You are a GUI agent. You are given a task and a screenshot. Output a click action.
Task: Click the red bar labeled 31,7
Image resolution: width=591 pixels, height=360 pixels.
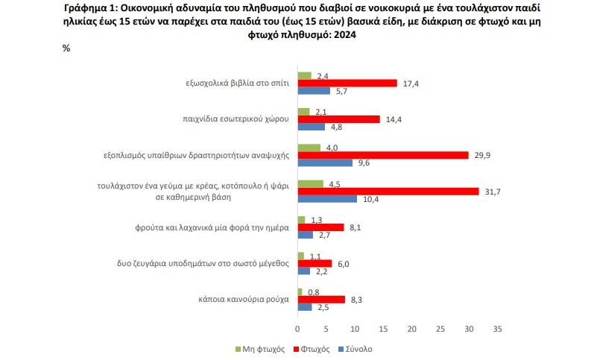[388, 192]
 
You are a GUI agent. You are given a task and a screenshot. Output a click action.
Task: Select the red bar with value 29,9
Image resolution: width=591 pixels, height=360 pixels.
[382, 155]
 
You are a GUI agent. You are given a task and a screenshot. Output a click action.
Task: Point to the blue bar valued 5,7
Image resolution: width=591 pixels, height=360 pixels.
[314, 91]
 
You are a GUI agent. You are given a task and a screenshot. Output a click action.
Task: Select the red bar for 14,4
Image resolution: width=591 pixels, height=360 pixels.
[338, 119]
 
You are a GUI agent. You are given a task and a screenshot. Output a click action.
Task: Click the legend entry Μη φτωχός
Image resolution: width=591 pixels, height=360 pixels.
[258, 349]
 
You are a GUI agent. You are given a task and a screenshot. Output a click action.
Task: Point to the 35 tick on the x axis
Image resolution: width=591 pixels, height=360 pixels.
[498, 328]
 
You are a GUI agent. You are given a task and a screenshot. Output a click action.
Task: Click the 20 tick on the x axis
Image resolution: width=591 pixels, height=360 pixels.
[412, 328]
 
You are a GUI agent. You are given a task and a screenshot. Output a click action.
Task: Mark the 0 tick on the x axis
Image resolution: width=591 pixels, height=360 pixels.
[297, 328]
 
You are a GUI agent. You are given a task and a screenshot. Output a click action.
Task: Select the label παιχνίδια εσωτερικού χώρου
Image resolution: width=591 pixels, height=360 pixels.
[236, 119]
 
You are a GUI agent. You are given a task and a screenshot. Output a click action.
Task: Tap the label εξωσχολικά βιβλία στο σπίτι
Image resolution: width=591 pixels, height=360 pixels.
[236, 83]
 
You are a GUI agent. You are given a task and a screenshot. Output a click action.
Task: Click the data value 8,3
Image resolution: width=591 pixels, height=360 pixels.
[357, 299]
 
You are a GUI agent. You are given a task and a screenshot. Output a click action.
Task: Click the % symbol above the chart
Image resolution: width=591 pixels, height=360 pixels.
[66, 48]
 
